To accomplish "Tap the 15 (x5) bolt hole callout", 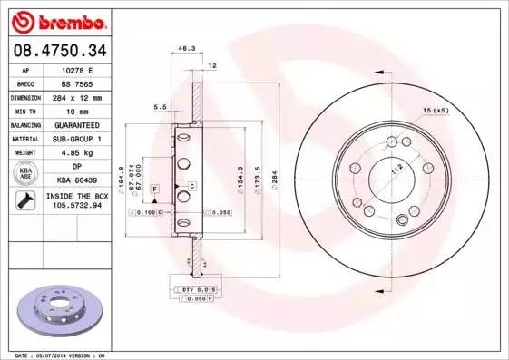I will [x=436, y=111].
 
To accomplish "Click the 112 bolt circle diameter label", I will [x=396, y=170].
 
